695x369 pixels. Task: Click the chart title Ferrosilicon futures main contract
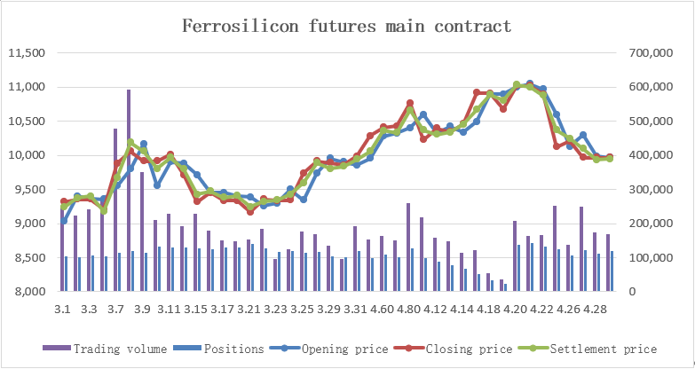coord(347,26)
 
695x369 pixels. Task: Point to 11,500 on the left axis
coord(27,53)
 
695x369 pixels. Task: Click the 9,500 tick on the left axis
coord(28,190)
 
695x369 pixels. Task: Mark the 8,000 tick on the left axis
coord(28,292)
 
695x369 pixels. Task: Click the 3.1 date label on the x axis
coord(62,309)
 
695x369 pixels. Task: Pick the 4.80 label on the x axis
coord(408,309)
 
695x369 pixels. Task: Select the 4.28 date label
coord(595,309)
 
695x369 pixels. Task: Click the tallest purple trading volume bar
coord(129,191)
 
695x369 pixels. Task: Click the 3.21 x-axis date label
coord(249,309)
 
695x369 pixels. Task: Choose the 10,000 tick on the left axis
coord(27,156)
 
